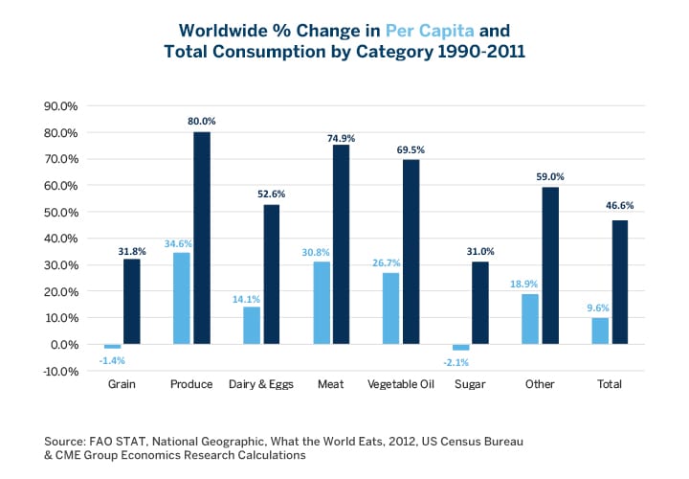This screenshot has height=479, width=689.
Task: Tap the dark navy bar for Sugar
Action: click(479, 303)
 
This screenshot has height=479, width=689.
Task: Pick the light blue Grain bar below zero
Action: click(113, 346)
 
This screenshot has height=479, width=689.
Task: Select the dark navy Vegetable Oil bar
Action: click(411, 251)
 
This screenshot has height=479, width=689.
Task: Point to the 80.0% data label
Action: click(202, 122)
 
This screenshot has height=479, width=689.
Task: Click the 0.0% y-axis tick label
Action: click(63, 344)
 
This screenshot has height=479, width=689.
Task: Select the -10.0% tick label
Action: click(59, 371)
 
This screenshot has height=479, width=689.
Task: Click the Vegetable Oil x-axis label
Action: click(401, 384)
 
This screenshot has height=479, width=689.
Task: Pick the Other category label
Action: click(541, 384)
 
